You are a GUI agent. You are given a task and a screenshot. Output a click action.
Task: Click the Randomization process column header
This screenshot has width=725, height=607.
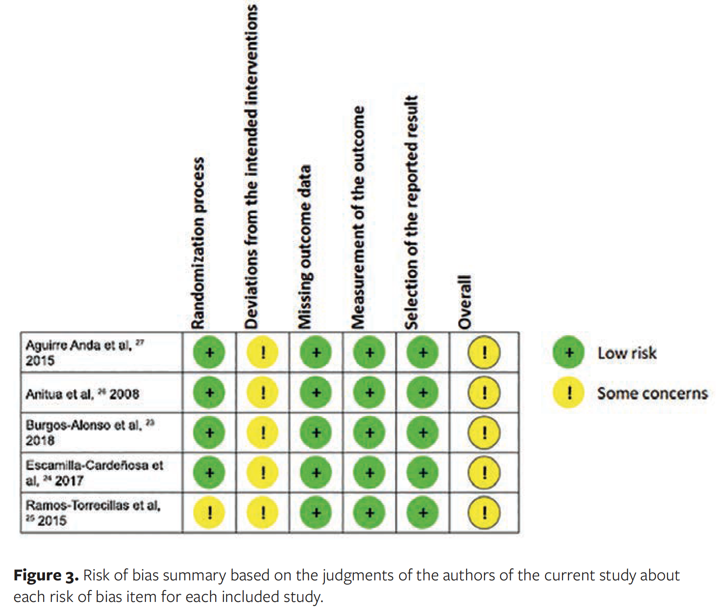click(198, 243)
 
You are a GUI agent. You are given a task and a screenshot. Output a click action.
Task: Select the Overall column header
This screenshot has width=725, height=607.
click(464, 302)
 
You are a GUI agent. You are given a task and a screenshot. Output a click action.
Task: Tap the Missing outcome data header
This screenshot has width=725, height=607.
click(305, 247)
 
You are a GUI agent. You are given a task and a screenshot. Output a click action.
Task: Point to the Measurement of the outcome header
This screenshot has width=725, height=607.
click(358, 218)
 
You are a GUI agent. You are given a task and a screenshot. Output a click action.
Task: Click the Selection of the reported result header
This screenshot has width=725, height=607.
click(412, 212)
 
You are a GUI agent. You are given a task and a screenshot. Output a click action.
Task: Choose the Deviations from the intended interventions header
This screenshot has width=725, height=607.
click(251, 166)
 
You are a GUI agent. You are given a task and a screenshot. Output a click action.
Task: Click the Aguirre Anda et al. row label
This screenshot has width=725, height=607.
click(85, 352)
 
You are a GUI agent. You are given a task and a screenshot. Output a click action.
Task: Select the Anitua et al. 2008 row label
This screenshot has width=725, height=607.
click(83, 394)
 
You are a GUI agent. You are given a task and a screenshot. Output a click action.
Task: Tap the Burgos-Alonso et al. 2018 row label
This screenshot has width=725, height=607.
click(89, 432)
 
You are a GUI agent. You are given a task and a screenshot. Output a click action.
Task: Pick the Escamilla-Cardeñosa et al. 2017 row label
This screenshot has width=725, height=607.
click(94, 472)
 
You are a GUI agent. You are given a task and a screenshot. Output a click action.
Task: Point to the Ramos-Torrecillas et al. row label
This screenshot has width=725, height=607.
click(93, 512)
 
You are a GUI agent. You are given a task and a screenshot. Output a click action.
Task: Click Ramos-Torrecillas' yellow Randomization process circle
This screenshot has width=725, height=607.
click(209, 512)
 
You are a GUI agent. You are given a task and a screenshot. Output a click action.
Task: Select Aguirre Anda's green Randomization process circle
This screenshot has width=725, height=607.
click(209, 353)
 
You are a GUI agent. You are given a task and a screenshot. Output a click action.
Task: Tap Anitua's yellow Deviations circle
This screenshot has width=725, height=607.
click(262, 393)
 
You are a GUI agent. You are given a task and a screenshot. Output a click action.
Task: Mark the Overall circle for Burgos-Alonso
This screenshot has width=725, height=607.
click(484, 433)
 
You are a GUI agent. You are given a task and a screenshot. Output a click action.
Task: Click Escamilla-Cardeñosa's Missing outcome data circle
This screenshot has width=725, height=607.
click(316, 472)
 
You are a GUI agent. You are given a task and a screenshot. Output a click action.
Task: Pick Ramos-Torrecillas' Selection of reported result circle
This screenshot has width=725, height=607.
click(423, 512)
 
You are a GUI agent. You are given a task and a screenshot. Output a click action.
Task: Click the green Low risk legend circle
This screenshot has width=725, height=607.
click(569, 353)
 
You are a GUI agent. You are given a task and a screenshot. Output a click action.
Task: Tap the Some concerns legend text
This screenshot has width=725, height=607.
click(652, 393)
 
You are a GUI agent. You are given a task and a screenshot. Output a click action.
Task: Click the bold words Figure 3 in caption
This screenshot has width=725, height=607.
click(46, 575)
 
